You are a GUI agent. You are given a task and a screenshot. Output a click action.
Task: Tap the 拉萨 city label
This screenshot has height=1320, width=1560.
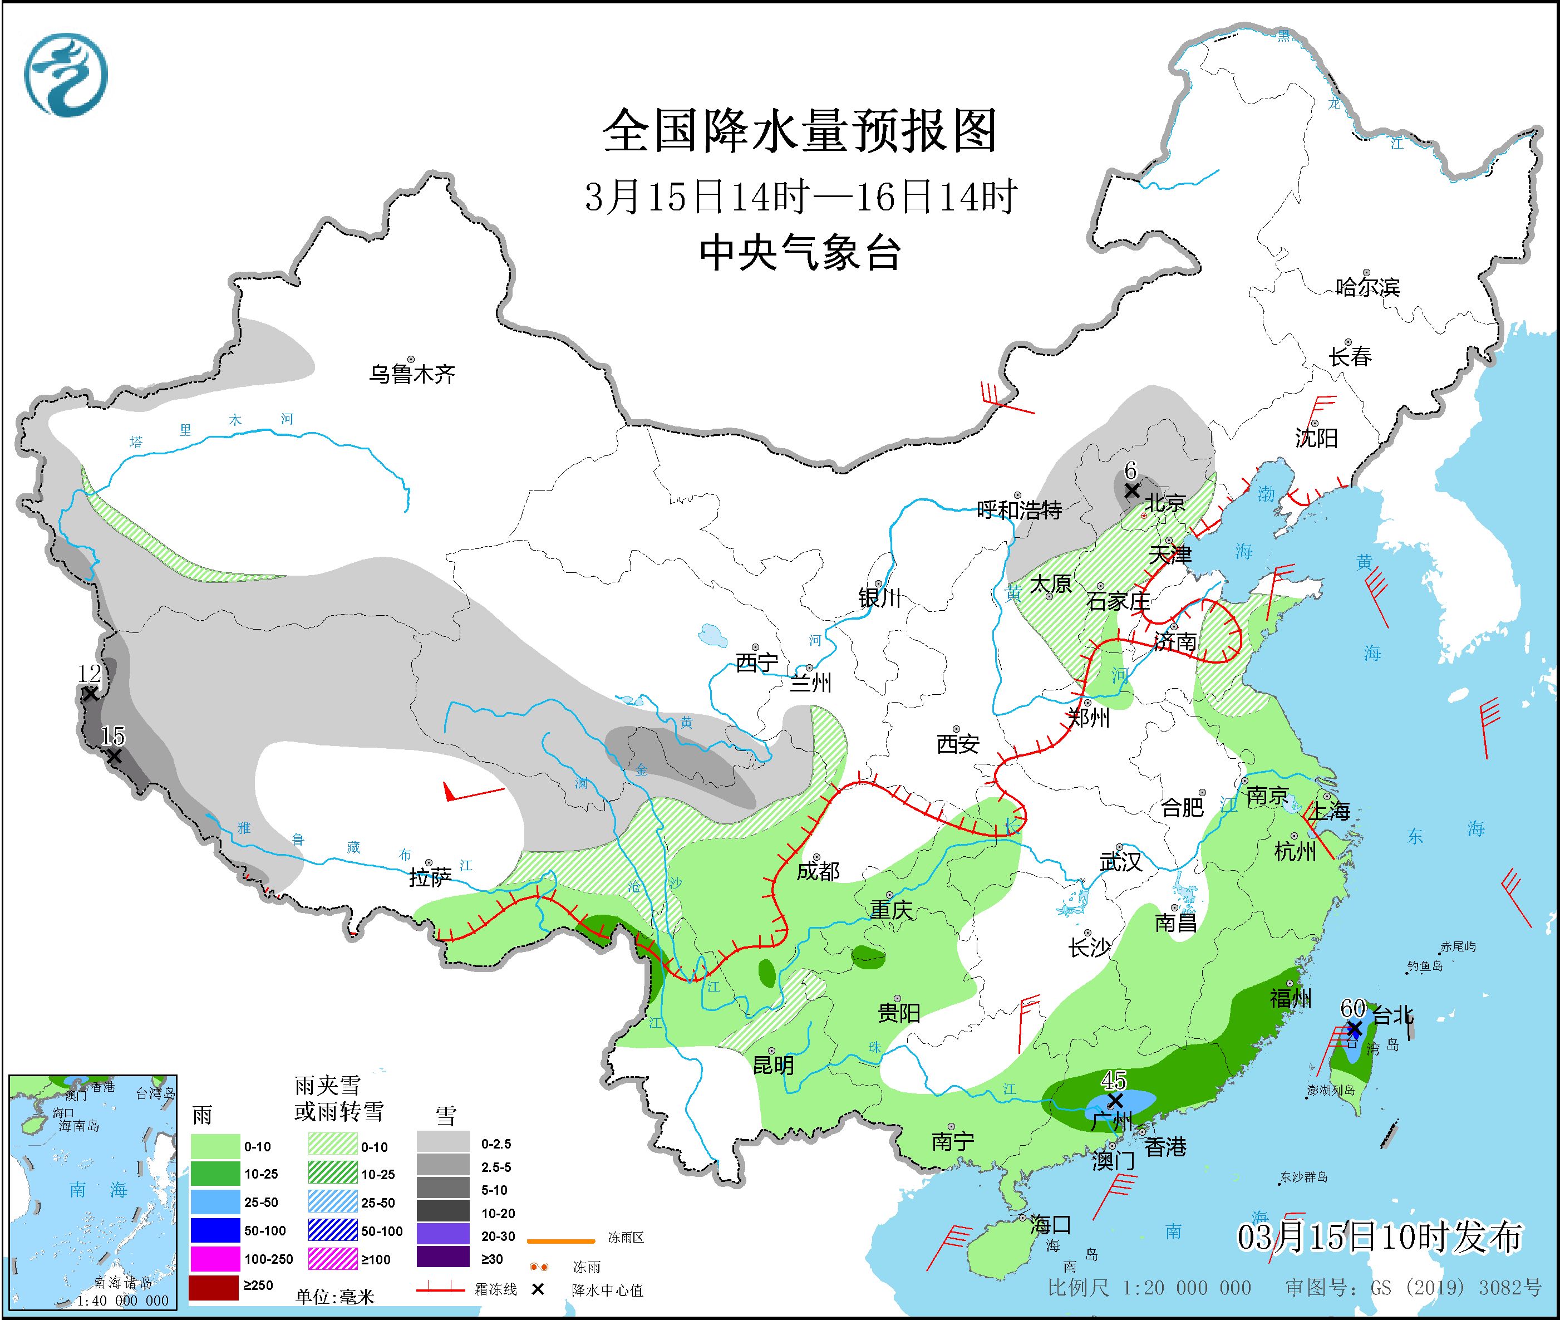[x=430, y=877]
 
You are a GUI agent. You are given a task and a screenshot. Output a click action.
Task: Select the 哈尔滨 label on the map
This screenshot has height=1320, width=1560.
[x=1367, y=287]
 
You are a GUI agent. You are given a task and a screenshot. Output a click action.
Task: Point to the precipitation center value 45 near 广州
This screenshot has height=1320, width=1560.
[x=1113, y=1080]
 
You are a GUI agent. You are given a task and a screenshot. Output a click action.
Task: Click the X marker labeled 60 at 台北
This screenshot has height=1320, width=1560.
[x=1353, y=1029]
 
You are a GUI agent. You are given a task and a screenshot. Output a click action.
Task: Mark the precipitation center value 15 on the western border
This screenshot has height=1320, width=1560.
[x=113, y=737]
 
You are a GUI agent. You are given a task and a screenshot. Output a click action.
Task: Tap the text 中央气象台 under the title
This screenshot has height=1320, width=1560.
[x=800, y=252]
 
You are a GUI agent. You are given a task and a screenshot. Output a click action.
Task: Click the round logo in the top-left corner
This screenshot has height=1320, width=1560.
[x=66, y=75]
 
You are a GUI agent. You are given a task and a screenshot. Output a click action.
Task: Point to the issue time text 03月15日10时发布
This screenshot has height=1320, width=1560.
[x=1379, y=1237]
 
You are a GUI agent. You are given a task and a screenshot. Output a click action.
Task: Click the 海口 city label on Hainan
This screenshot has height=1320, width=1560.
[x=1050, y=1225]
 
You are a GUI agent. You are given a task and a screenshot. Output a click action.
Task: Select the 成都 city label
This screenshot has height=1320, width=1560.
[x=818, y=871]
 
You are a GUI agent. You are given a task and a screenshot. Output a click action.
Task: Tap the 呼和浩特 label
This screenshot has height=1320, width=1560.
[x=1019, y=511]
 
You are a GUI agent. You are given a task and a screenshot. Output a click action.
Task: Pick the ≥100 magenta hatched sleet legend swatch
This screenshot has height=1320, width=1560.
[x=332, y=1259]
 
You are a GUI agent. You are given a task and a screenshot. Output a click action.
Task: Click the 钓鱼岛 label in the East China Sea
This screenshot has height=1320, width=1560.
[x=1425, y=966]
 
